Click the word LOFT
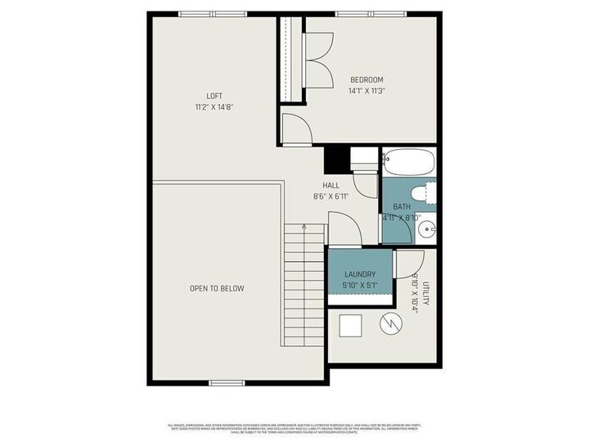214,96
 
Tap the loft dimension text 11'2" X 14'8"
214,106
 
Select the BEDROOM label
366,79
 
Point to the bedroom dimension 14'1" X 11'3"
366,91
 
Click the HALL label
331,186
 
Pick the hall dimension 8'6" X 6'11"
331,196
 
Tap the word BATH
402,207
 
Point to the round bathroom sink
426,230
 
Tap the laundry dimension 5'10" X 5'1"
360,286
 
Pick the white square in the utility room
352,326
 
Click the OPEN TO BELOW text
217,288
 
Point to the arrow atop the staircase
304,227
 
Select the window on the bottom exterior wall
227,382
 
